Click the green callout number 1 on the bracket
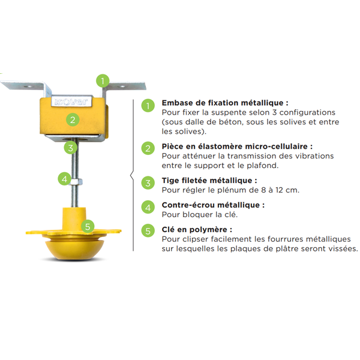[x=103, y=80]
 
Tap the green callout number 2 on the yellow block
[x=72, y=119]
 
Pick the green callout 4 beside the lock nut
[x=64, y=178]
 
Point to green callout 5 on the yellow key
[x=88, y=227]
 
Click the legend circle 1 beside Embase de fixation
[x=147, y=106]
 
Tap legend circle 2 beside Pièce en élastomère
[x=147, y=148]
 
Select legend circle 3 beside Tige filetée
[x=147, y=182]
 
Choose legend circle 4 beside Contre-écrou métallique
[x=147, y=207]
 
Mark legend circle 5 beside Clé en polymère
[x=147, y=232]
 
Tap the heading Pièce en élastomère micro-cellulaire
[x=237, y=146]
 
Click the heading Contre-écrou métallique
[x=213, y=205]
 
